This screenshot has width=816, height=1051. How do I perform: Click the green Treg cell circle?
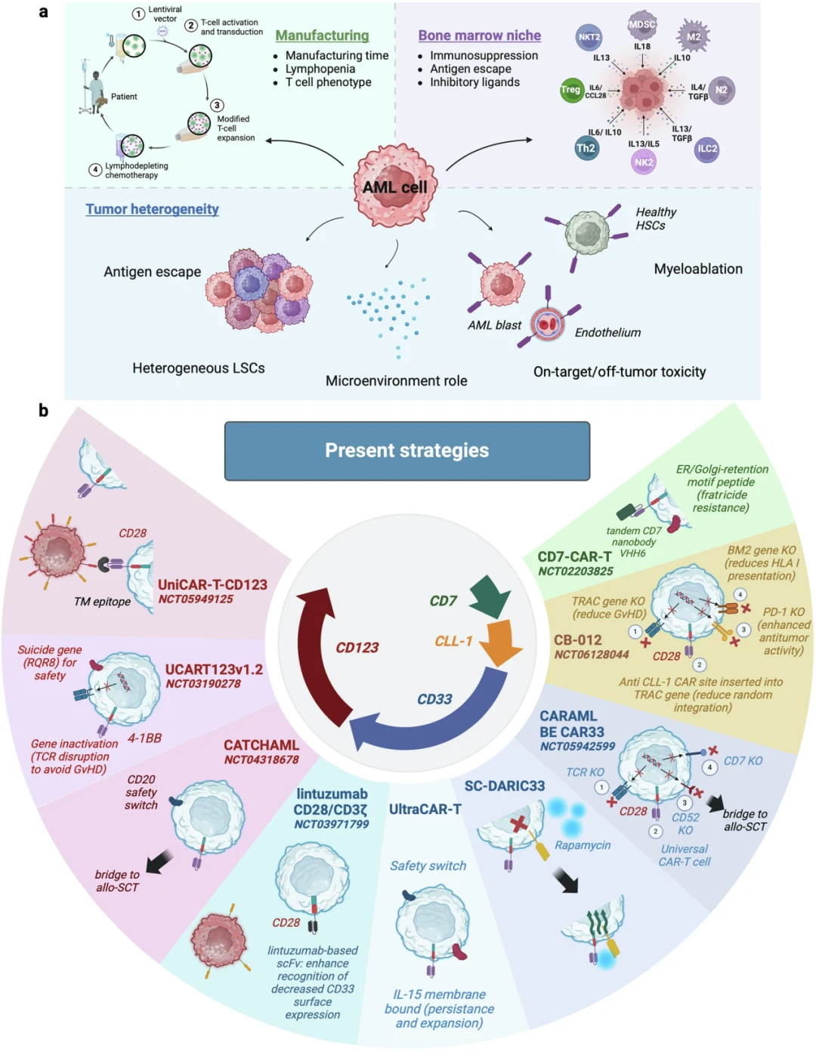click(570, 90)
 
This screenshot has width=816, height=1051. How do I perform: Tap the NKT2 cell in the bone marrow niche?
click(589, 37)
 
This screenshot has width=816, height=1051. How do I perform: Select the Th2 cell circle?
click(586, 148)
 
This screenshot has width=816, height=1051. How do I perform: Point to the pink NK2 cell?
click(644, 162)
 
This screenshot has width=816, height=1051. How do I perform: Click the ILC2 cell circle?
click(706, 149)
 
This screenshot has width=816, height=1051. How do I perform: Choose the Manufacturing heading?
click(323, 35)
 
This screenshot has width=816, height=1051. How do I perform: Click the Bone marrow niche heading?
click(480, 35)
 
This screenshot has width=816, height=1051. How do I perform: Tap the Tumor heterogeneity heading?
click(152, 209)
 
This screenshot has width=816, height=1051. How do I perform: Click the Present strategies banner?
click(407, 451)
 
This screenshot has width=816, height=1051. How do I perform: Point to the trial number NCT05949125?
click(196, 599)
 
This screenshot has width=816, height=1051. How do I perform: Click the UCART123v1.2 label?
click(214, 669)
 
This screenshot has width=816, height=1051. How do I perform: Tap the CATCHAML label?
click(261, 745)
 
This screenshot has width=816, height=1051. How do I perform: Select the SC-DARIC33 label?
click(505, 786)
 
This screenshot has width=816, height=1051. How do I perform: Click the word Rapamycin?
click(583, 845)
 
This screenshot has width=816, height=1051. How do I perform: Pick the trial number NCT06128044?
click(592, 655)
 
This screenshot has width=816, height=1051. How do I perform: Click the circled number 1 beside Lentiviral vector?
click(138, 14)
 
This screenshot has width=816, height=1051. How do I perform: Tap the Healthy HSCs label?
click(655, 219)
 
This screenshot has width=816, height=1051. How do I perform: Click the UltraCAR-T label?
click(425, 809)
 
